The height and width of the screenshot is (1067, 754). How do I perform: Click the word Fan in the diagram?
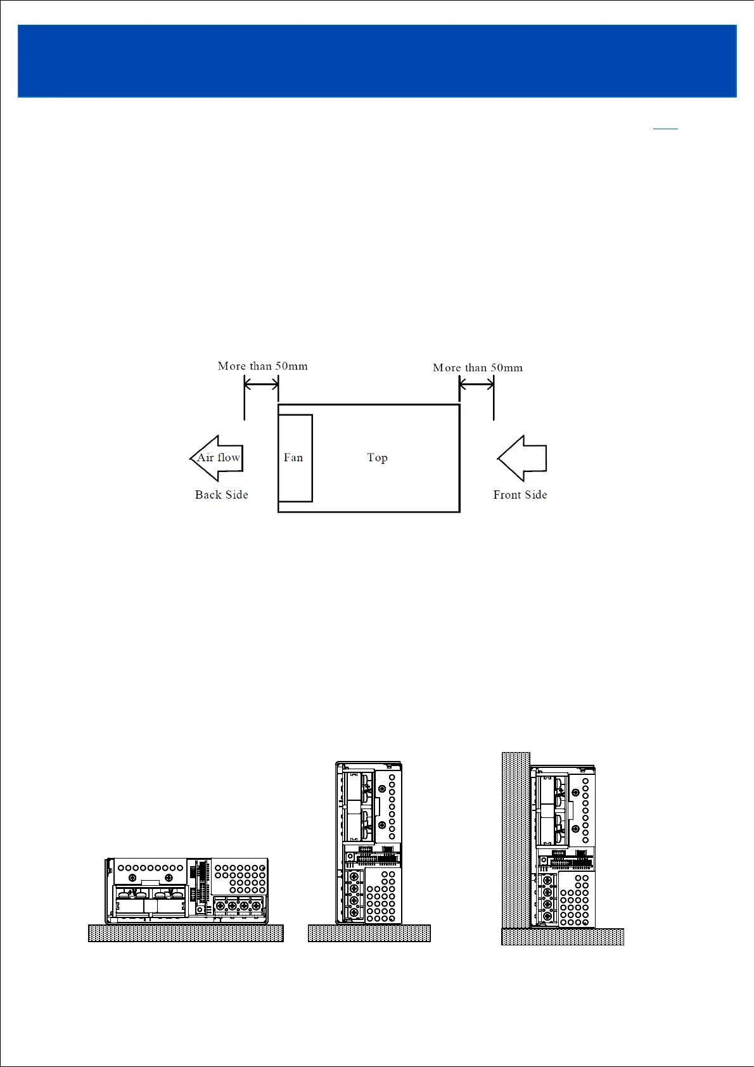coord(293,457)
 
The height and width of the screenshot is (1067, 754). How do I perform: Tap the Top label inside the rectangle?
coord(377,457)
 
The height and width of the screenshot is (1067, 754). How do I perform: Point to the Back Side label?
coord(221,495)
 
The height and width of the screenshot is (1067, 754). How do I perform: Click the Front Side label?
coord(520,495)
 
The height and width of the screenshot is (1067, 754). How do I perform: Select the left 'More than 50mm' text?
coord(262,366)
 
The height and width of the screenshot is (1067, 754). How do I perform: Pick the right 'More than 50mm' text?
coord(478,367)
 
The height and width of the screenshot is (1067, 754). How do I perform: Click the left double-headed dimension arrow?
coord(261,383)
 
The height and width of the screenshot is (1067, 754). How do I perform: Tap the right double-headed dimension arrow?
coord(476,383)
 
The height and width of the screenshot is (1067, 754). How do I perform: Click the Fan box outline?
coord(295,416)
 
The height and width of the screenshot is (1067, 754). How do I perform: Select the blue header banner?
coord(377,61)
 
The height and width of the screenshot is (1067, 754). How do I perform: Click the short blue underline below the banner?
coord(665,129)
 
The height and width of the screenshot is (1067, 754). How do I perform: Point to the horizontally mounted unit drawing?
coord(186,890)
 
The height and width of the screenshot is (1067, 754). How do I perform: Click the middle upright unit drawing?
coord(369,842)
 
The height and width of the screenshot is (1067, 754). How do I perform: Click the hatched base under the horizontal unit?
coord(186,933)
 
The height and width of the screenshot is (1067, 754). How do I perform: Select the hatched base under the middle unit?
coord(369,933)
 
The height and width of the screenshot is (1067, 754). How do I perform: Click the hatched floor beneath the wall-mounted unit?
coord(563,936)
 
